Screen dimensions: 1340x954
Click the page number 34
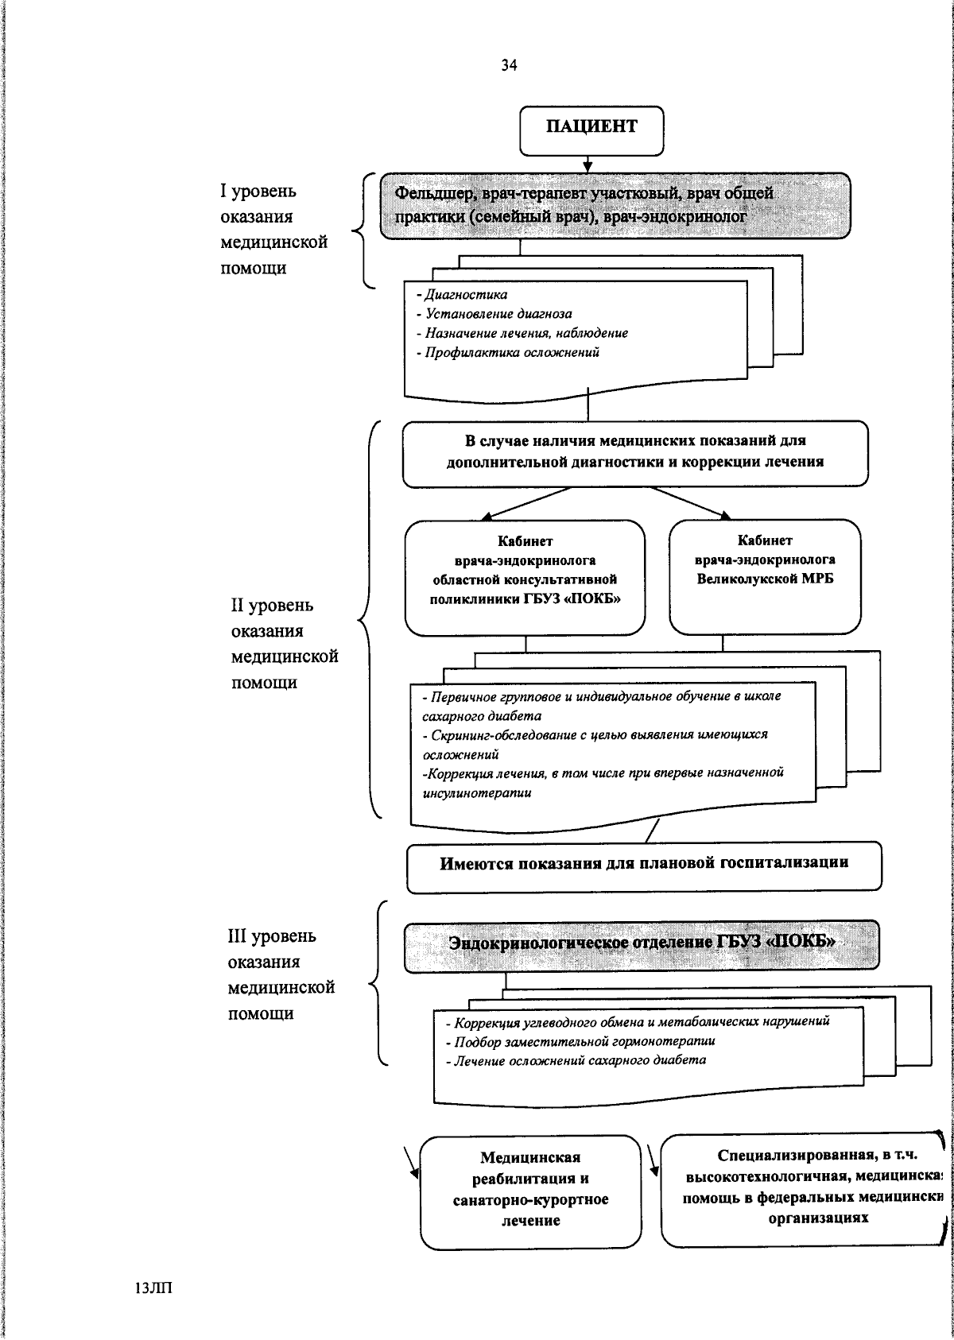click(509, 67)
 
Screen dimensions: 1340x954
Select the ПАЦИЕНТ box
click(591, 129)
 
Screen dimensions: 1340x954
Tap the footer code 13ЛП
click(153, 1288)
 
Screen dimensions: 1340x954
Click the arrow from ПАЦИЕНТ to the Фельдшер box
click(588, 164)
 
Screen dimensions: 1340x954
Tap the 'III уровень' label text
click(272, 936)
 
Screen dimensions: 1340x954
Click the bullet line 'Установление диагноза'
click(498, 314)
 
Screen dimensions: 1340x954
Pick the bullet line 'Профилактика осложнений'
click(511, 352)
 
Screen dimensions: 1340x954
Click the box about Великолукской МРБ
click(765, 576)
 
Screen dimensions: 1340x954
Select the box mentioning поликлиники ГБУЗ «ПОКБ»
click(525, 577)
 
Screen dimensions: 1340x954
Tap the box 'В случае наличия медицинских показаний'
click(634, 452)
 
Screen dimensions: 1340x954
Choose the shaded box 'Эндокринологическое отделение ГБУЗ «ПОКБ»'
click(642, 944)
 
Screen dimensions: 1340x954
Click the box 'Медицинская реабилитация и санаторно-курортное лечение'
click(530, 1190)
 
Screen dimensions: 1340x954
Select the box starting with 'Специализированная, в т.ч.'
click(803, 1187)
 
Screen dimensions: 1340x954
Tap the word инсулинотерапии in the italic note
click(477, 793)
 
